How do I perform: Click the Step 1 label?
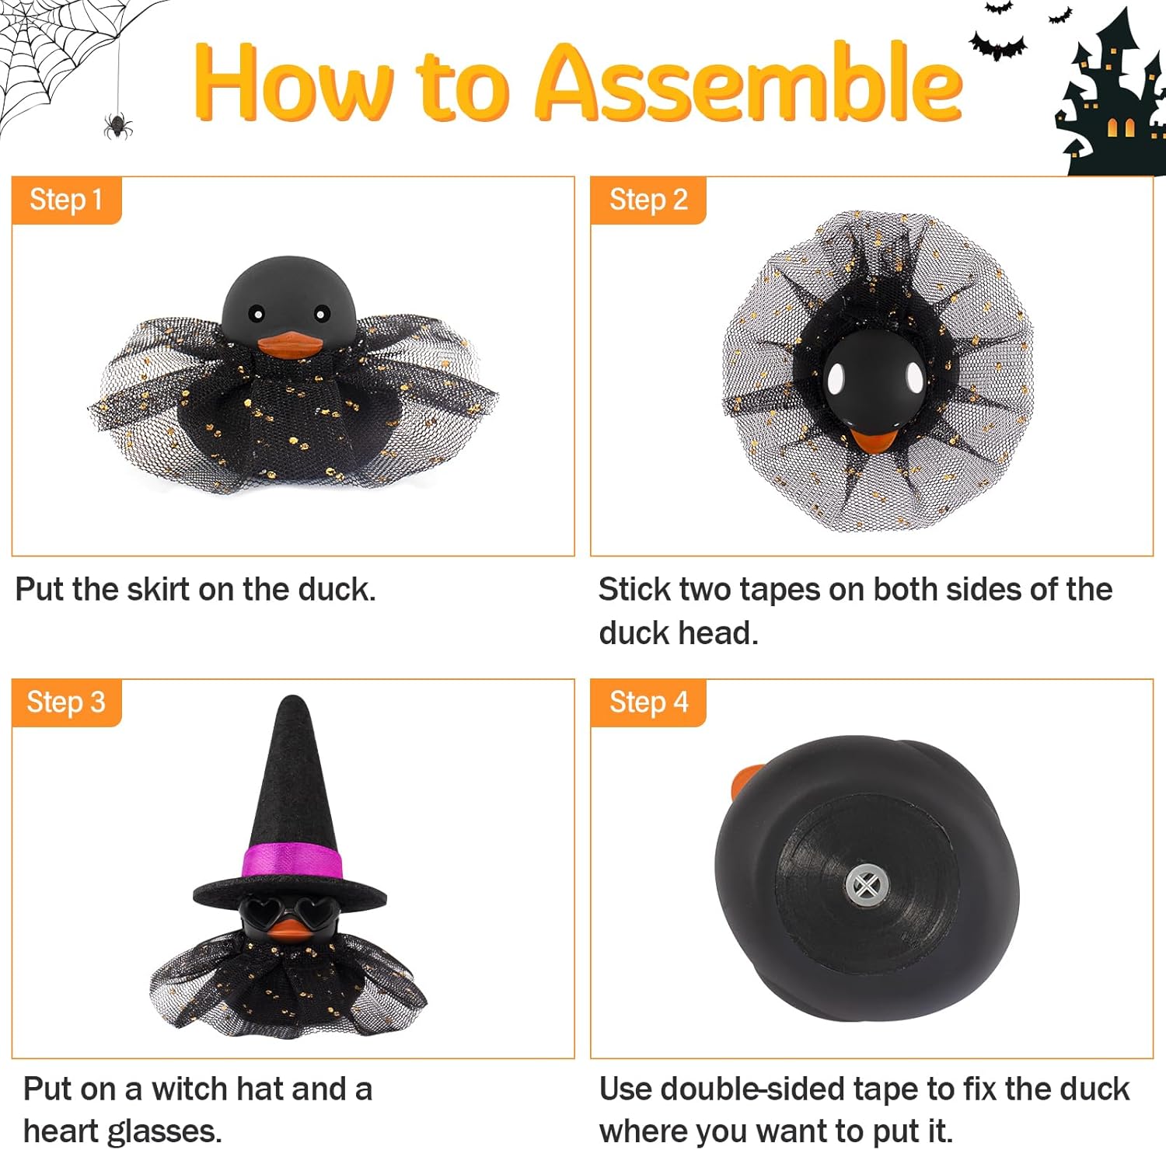tap(66, 200)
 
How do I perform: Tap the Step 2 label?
tap(648, 200)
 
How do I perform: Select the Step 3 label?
tap(66, 702)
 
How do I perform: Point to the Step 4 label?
tap(648, 702)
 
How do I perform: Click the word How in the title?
tap(295, 83)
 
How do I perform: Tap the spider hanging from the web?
tap(117, 125)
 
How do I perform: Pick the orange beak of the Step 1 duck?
tap(290, 343)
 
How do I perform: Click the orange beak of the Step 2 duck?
tap(870, 439)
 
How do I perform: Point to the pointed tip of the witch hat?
tap(293, 698)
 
